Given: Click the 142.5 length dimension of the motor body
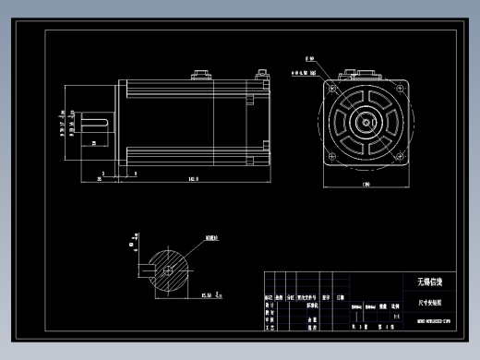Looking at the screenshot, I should click(193, 178).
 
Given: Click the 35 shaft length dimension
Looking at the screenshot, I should click(99, 178).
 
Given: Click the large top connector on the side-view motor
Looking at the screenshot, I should click(200, 72).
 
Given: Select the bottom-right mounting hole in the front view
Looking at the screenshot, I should click(402, 159).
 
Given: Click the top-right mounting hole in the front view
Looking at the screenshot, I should click(402, 86).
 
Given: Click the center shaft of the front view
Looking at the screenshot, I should click(366, 122).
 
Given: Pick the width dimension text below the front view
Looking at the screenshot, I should click(366, 186).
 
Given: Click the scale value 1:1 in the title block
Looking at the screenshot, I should click(396, 316).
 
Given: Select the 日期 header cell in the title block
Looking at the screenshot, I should click(340, 298).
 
